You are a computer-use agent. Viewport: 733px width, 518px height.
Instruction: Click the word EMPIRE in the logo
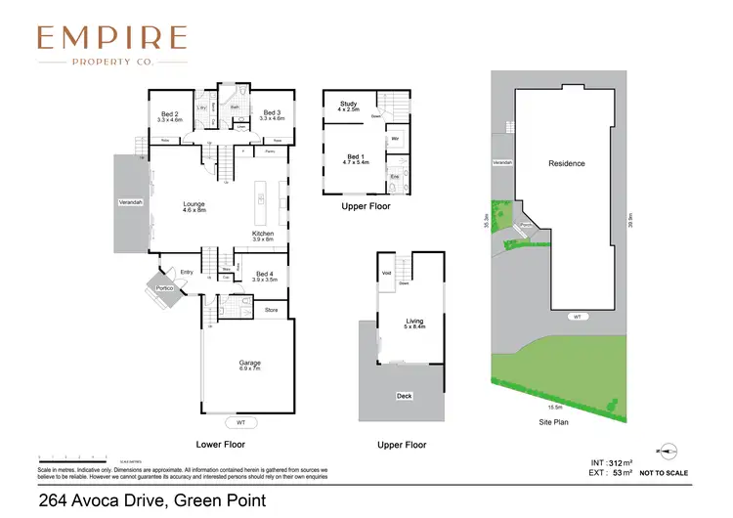point(111,38)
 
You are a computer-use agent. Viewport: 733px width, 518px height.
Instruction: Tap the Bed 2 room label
point(170,113)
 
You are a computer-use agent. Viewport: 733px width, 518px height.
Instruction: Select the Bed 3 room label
point(273,113)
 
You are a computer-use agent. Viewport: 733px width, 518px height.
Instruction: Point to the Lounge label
point(194,204)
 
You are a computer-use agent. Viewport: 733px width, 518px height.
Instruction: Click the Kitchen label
point(263,234)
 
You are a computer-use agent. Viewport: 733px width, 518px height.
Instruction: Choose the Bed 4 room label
point(265,274)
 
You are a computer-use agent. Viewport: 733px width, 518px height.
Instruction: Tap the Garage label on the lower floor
point(248,363)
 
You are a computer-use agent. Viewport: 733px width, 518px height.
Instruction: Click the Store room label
point(272,311)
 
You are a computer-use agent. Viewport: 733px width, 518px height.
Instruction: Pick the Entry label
point(187,272)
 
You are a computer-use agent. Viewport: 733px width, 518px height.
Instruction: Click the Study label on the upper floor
point(348,104)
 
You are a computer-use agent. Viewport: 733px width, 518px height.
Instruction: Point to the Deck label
point(404,396)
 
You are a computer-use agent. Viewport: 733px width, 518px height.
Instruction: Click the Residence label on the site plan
point(567,163)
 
